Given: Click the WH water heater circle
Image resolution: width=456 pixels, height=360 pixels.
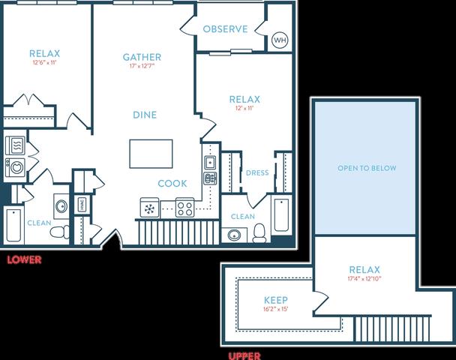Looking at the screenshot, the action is [x=280, y=40].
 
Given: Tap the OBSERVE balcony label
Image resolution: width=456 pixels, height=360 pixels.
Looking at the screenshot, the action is [x=226, y=29].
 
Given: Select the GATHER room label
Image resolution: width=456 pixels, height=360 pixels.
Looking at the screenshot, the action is [x=142, y=57].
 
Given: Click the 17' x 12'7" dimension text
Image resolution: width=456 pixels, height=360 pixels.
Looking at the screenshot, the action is [x=142, y=66].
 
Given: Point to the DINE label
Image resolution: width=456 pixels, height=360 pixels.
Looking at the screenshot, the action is [x=145, y=115].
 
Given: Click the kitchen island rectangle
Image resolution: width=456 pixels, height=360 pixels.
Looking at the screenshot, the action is [x=151, y=154].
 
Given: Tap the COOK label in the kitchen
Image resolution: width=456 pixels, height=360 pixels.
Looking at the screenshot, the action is [x=172, y=184].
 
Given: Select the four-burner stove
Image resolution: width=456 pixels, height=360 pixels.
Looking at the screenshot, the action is [x=185, y=208].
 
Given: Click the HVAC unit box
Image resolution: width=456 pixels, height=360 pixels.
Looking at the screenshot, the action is [x=82, y=205].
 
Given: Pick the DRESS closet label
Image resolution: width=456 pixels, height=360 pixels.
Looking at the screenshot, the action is [x=257, y=173].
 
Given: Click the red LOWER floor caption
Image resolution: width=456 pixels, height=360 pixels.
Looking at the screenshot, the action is [x=24, y=259].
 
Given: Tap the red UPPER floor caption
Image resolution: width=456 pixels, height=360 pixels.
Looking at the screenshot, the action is [x=244, y=356].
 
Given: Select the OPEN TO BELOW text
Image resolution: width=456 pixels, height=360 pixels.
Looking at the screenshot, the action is [x=367, y=168].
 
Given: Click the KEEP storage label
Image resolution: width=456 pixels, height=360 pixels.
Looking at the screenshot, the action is [x=276, y=300].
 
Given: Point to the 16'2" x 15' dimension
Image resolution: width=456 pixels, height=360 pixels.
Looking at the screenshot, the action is [x=276, y=309].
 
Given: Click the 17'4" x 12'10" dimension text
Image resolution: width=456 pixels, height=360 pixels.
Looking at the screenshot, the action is [x=364, y=278].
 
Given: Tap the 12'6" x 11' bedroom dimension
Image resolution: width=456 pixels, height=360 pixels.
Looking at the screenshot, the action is [x=44, y=62].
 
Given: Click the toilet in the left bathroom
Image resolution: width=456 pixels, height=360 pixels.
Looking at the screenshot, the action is [x=59, y=232].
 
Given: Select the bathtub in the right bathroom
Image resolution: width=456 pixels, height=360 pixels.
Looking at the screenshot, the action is [x=281, y=215].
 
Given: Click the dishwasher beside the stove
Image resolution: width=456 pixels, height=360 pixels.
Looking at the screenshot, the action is [x=149, y=208].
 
